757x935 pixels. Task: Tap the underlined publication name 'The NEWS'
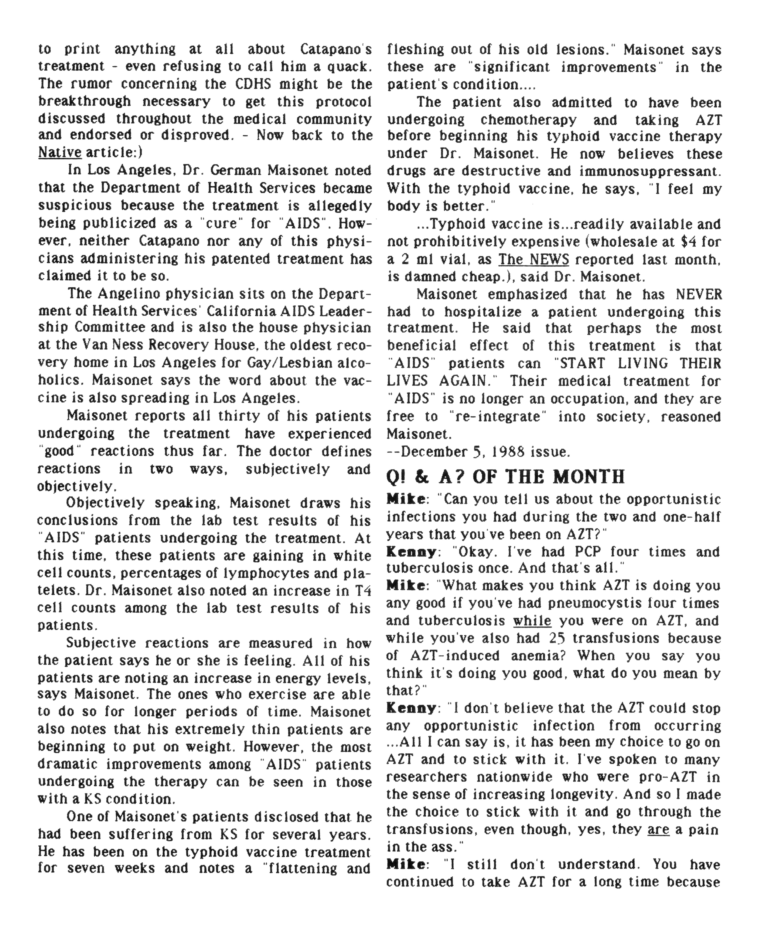click(534, 260)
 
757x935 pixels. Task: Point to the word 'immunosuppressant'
click(650, 172)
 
